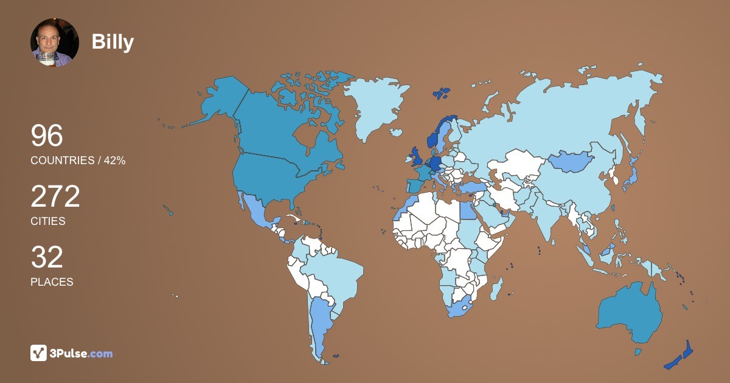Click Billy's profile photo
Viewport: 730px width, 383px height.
pos(55,42)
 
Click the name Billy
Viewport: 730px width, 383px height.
pos(113,42)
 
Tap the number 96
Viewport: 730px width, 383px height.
pos(47,136)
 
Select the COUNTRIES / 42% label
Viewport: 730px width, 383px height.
pos(78,160)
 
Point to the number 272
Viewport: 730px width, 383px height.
pos(55,196)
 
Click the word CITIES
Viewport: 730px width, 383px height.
pos(48,221)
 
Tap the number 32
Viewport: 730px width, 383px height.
pos(47,257)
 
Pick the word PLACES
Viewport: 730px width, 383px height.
pos(52,282)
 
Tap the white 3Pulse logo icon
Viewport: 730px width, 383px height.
pos(38,353)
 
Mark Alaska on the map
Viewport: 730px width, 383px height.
pos(219,100)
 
